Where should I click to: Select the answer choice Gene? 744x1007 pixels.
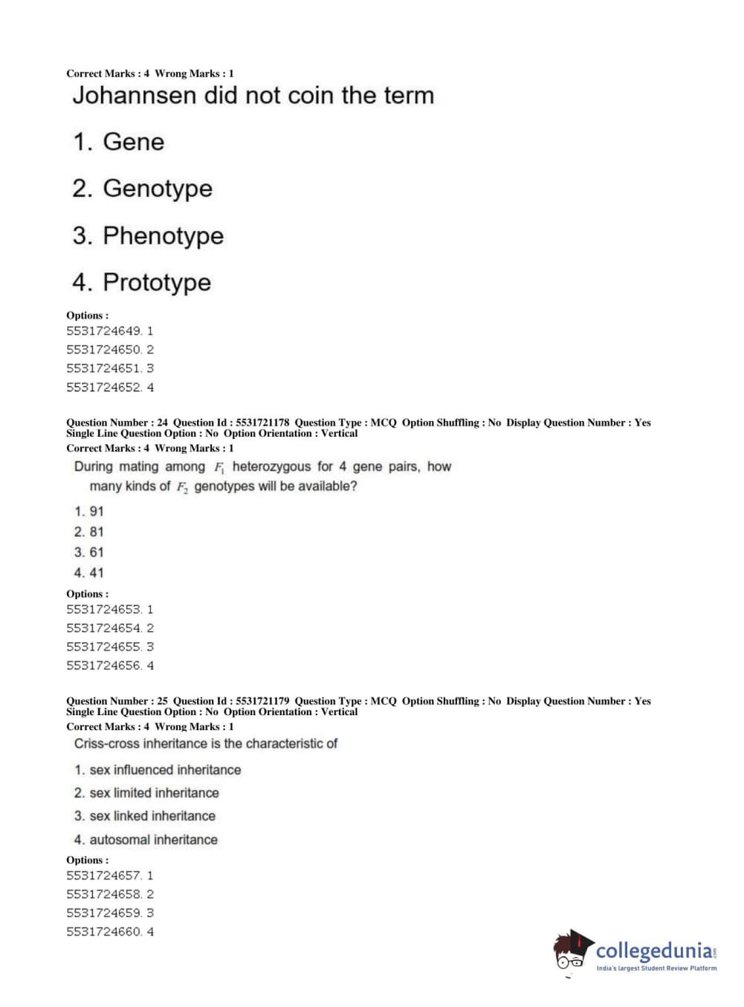[133, 142]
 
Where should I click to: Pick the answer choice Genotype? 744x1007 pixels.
[157, 189]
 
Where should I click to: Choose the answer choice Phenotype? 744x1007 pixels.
[163, 235]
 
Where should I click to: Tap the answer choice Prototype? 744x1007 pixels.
[156, 282]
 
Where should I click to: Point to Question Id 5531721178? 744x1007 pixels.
[262, 423]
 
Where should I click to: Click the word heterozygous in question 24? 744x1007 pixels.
[271, 466]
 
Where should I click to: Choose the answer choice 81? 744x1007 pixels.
[96, 532]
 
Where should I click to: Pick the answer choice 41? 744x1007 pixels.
[96, 573]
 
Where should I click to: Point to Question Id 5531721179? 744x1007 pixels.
[262, 701]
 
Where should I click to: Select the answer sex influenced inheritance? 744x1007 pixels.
[165, 770]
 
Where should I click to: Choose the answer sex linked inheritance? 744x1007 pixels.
[152, 815]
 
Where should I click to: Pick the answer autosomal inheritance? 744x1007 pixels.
[153, 840]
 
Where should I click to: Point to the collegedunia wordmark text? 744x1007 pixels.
[653, 951]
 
